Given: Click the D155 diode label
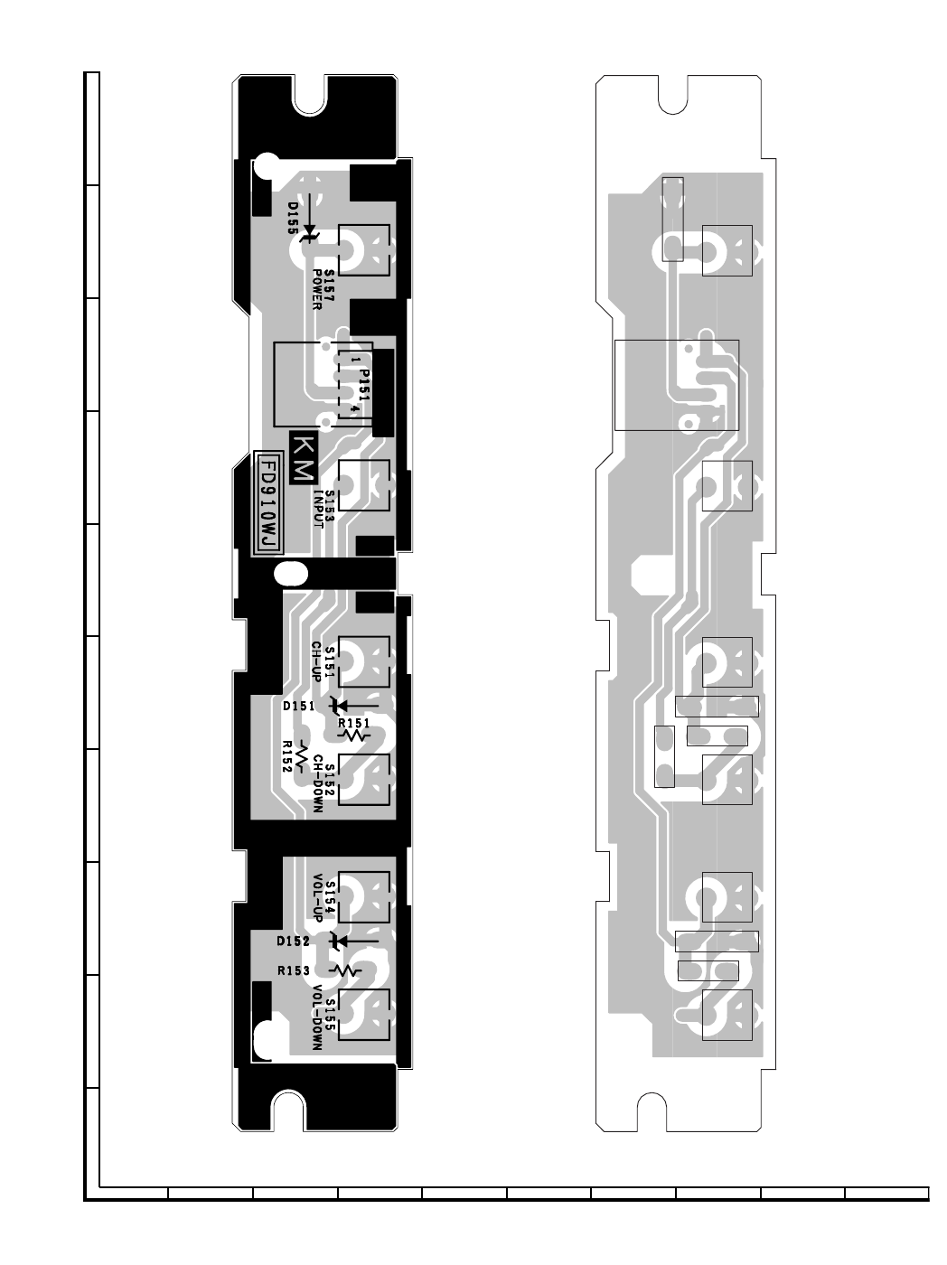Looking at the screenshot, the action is point(293,218).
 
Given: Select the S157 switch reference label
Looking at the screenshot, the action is point(329,285).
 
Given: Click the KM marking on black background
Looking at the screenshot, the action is point(304,459).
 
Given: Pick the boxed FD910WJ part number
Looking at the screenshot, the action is point(268,503).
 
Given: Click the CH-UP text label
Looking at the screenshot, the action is point(316,661).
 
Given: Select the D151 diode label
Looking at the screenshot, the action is point(298,707).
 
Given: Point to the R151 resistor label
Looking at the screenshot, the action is point(353,723).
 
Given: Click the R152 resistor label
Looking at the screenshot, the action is point(287,756).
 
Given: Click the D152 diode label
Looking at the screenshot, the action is point(293,942).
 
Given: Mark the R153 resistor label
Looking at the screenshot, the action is point(294,971).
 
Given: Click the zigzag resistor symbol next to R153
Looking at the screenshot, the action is point(345,971).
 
